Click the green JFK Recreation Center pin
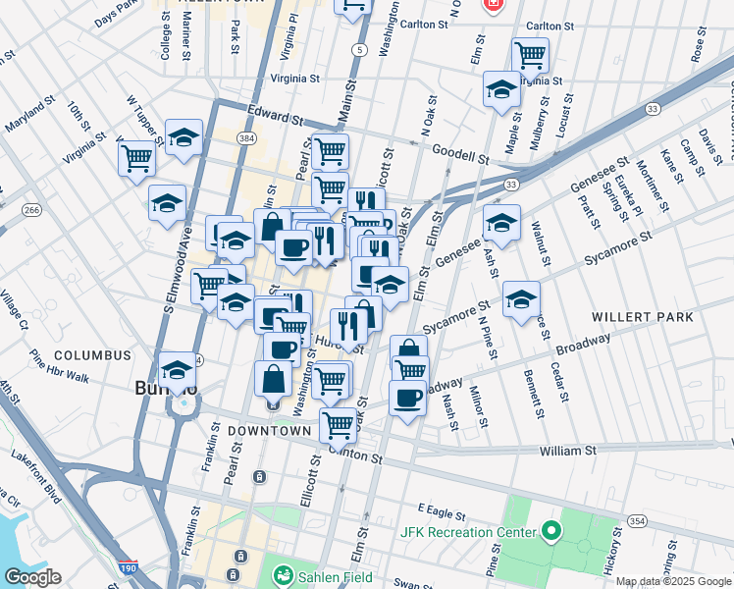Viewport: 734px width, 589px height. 550,533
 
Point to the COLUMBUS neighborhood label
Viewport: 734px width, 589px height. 92,354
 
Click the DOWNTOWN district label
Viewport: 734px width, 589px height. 269,431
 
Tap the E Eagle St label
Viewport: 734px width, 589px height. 438,510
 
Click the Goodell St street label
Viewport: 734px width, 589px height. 461,156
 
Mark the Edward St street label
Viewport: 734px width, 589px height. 276,119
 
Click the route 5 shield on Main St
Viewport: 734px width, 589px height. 361,49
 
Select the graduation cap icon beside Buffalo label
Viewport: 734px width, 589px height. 178,371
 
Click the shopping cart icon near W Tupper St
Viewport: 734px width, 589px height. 136,156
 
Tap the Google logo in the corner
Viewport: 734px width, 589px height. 31,577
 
